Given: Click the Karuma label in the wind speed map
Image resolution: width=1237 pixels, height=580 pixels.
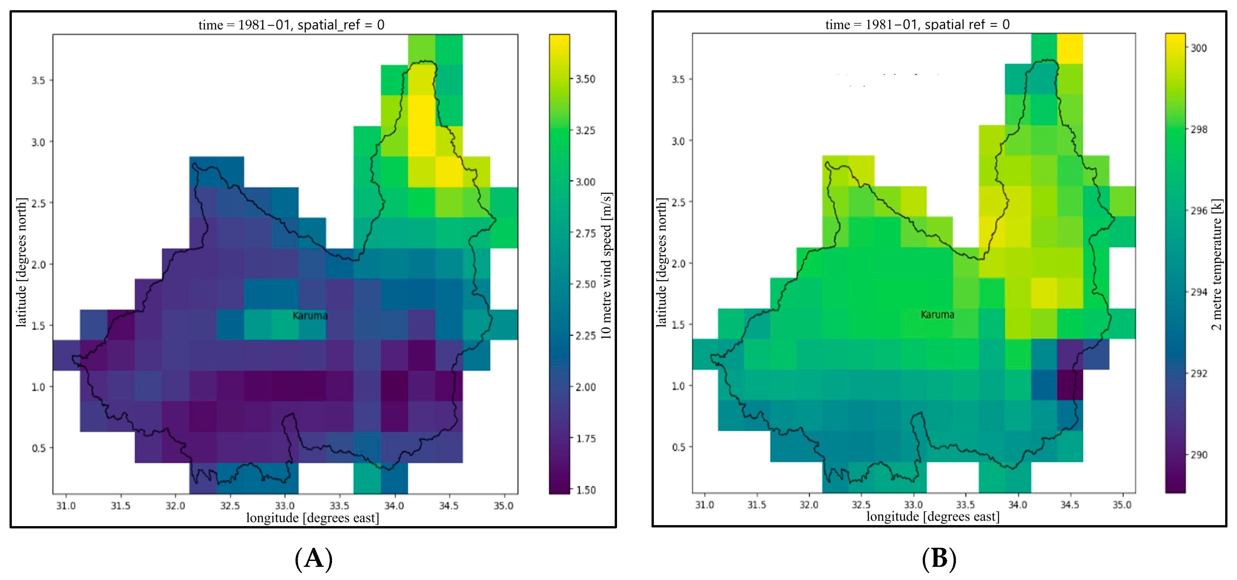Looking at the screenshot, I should pos(310,315).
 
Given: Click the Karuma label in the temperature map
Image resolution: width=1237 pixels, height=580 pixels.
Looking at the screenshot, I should pos(937,314).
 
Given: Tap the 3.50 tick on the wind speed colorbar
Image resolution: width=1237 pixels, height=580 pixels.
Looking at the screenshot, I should pos(585,79).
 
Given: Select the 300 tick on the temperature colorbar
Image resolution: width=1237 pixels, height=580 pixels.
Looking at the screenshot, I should pos(1199,48).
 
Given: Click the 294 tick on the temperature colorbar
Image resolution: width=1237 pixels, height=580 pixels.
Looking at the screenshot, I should pos(1199,292).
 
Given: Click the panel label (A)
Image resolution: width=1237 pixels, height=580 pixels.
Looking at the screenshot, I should pos(314,558).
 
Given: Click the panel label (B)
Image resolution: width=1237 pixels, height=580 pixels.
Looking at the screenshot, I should pos(939,558).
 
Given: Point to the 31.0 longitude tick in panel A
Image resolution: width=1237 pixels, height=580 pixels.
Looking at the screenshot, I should pos(66,506).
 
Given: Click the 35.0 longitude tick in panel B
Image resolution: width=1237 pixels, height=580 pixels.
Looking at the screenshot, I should pos(1122,505).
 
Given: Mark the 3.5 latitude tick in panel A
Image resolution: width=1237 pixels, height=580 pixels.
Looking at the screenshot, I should pos(38,81).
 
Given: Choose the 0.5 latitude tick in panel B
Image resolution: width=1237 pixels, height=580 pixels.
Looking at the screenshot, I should pos(678,447).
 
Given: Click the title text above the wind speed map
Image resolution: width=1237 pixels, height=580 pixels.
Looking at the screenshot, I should pos(292,25).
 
